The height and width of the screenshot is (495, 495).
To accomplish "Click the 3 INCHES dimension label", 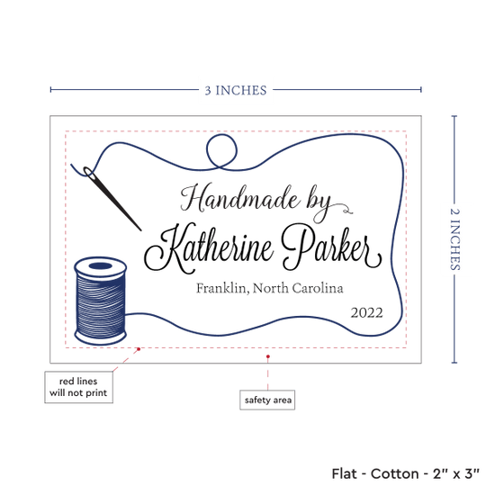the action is click(x=236, y=90).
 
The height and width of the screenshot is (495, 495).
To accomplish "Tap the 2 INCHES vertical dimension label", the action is click(x=454, y=239).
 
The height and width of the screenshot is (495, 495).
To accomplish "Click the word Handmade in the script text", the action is click(x=239, y=199).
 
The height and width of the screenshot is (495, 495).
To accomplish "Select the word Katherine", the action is click(x=209, y=248).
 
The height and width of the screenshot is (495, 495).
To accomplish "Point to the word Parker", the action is click(x=331, y=248).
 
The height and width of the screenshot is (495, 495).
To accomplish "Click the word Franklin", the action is click(x=221, y=288).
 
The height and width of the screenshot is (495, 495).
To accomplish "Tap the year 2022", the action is click(x=367, y=313).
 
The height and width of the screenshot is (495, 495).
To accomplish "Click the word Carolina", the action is click(x=318, y=288).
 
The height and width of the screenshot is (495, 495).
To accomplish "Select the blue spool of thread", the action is click(x=101, y=301).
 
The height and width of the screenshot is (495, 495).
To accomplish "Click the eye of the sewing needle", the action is click(x=89, y=173).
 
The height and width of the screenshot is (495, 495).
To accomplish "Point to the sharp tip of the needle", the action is click(x=140, y=230).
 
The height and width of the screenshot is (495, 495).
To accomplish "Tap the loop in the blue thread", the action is click(x=221, y=151).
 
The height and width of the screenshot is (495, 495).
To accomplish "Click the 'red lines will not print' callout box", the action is click(x=78, y=387).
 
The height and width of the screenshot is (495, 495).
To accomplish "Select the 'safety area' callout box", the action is click(x=267, y=400).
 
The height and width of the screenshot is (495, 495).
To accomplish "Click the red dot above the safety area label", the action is click(x=267, y=356).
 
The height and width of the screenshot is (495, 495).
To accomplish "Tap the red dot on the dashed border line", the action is click(x=139, y=349).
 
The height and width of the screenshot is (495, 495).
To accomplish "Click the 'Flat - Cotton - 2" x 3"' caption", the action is click(x=405, y=473).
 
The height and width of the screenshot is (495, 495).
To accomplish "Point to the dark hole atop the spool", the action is click(x=101, y=265).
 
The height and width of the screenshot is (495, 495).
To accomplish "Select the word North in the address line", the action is click(x=271, y=288).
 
